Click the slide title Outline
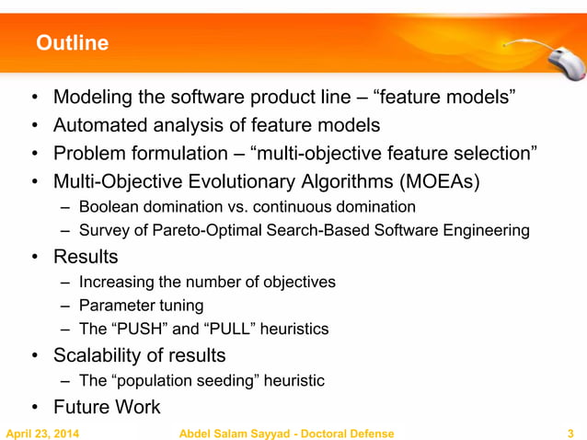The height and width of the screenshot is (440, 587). [x=72, y=43]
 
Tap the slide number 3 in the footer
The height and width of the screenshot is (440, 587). [x=571, y=433]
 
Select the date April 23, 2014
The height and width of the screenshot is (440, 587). [x=42, y=433]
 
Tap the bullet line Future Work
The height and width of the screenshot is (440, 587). [x=106, y=406]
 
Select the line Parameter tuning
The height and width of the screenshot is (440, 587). [x=142, y=305]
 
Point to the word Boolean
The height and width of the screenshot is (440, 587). [x=108, y=206]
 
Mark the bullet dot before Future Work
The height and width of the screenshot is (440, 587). [x=33, y=407]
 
